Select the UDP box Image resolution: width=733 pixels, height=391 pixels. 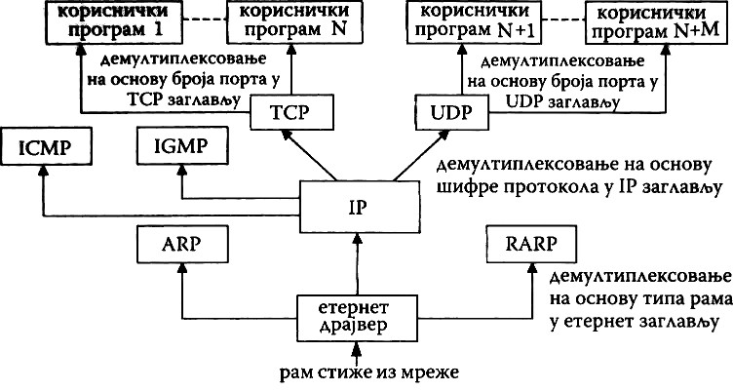(x=445, y=114)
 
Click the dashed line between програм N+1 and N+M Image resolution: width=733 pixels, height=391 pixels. (x=554, y=19)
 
